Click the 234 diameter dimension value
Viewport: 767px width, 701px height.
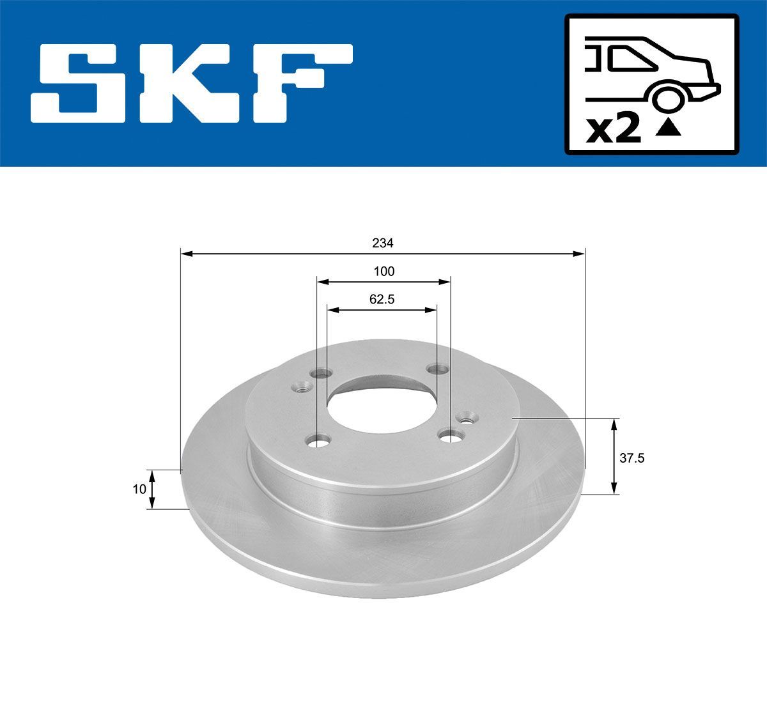(x=383, y=243)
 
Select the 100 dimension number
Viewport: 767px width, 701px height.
(x=383, y=271)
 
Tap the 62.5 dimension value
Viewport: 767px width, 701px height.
(x=382, y=299)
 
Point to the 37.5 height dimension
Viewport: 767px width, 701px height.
(x=629, y=458)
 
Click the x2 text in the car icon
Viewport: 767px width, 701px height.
(x=614, y=130)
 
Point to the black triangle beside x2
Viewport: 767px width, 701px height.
(x=669, y=130)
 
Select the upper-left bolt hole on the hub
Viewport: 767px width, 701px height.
(x=322, y=374)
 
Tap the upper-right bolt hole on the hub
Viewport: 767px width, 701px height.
(x=438, y=369)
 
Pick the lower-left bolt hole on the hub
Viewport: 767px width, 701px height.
(x=318, y=440)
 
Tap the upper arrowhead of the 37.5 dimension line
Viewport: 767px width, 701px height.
(x=614, y=424)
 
